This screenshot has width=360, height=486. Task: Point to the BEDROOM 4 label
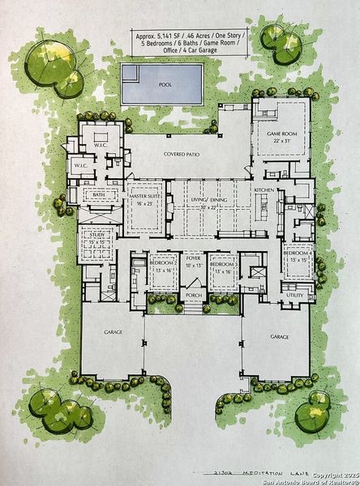point(298,254)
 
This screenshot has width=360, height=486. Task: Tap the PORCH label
point(194,296)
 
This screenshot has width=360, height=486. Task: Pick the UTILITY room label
point(294,296)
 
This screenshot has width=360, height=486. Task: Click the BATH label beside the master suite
point(99,195)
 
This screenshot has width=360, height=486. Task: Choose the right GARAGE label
point(279,335)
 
